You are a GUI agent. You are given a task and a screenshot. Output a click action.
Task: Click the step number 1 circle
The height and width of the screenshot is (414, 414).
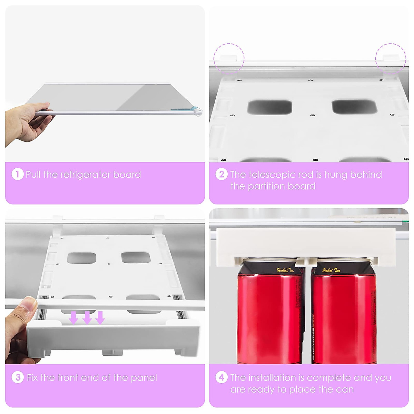pos(17,174)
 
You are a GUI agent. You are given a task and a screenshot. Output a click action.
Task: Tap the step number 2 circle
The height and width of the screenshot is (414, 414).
pos(221,174)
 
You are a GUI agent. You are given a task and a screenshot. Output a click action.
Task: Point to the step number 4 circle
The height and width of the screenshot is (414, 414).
pos(221,377)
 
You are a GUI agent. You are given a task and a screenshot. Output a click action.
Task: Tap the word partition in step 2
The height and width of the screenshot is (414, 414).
pos(264,186)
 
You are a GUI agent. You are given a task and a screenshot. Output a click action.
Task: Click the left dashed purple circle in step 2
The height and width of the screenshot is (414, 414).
pos(229,58)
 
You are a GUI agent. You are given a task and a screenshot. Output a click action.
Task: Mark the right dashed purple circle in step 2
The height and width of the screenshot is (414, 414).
pos(391,58)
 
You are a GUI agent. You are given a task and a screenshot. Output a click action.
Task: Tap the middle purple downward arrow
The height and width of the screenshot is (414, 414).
pos(87,318)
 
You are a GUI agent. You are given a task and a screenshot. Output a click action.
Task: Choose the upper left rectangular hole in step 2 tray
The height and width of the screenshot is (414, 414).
pos(269,107)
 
